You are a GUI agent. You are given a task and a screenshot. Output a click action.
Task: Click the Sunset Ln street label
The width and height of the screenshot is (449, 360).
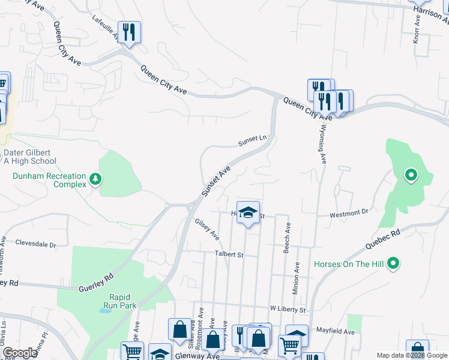[252, 141]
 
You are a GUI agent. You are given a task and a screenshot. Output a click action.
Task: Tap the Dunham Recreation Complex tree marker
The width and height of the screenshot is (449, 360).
[95, 179]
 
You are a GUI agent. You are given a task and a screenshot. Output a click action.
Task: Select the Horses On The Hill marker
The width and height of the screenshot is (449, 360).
[393, 263]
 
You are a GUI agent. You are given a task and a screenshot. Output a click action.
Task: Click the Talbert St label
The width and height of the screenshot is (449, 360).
[229, 254]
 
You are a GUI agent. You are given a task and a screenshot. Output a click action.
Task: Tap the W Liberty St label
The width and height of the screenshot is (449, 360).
[288, 310]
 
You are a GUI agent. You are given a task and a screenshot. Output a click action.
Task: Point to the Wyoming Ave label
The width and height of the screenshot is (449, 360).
[322, 144]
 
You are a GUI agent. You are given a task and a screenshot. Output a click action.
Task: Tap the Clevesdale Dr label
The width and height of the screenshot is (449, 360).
[35, 245]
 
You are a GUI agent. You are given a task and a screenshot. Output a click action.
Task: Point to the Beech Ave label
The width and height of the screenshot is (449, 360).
[288, 238]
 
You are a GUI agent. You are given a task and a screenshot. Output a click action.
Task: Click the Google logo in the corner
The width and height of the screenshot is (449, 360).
[20, 353]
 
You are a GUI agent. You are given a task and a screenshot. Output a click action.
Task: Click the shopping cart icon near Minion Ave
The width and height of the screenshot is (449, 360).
[289, 345]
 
